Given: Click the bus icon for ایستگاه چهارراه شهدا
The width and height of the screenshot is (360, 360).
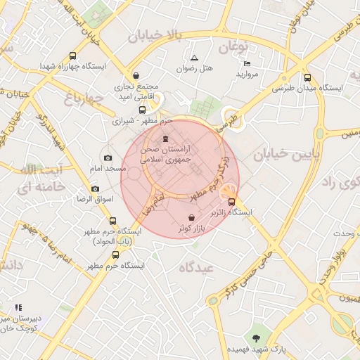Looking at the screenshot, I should tap(72, 56).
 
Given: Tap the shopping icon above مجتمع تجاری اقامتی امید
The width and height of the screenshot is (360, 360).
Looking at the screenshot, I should tap(136, 75).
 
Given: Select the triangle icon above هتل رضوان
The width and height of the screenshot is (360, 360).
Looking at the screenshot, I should tap(195, 58).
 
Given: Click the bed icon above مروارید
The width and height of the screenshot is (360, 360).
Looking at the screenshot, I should tap(247, 63).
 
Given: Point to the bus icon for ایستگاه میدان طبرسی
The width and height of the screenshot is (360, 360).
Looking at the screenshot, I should tap(307, 78).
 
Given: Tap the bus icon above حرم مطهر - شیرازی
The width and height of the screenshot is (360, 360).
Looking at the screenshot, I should tap(143, 110).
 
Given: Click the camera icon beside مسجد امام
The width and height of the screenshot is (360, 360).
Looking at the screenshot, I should tap(108, 158).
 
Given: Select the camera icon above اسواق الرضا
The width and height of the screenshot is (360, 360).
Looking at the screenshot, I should tap(95, 188).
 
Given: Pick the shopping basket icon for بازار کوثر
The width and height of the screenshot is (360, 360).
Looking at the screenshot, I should tap(193, 218).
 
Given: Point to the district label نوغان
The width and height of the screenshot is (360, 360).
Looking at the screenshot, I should tap(233, 48).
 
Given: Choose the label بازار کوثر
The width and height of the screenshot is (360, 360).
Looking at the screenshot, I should tap(191, 229).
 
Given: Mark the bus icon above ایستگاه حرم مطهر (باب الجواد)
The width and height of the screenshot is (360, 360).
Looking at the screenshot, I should tap(113, 221).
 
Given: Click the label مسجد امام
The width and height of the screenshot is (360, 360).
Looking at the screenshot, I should tap(108, 169).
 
